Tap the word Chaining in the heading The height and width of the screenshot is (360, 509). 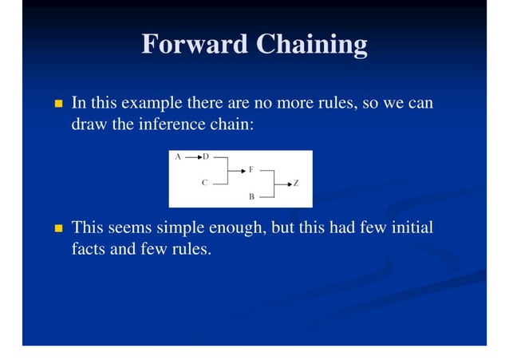[311, 44]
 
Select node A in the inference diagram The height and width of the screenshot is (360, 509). [177, 156]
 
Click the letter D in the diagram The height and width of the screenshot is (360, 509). [206, 156]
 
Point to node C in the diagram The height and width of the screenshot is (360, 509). [204, 183]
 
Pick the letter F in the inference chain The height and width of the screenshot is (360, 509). [251, 170]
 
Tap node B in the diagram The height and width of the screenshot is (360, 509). [251, 196]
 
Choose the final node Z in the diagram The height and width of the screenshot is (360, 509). [296, 184]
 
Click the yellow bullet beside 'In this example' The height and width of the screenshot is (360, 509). [57, 104]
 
